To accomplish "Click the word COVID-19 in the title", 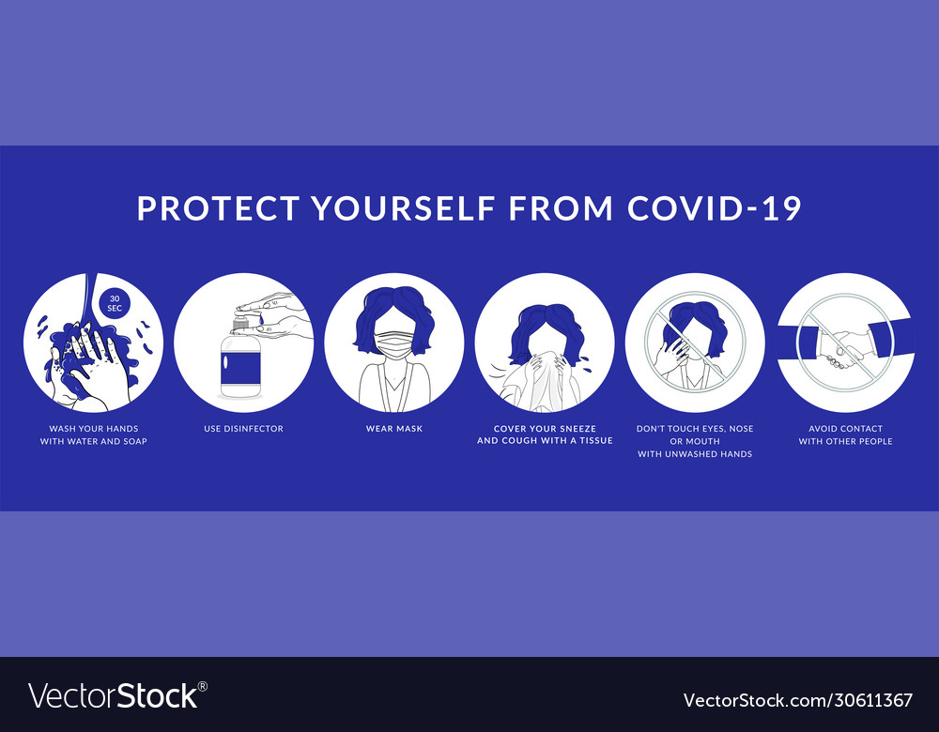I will (x=715, y=207).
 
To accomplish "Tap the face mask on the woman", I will (x=393, y=343).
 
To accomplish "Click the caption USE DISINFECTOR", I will (x=243, y=429).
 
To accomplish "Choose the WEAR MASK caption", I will (x=394, y=429).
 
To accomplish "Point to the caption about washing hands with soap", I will (x=94, y=435).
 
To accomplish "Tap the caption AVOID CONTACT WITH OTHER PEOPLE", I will (x=845, y=435).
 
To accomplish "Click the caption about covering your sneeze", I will (x=545, y=435).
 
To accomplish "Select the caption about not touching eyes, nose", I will (x=695, y=441).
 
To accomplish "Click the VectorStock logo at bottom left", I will (x=117, y=695).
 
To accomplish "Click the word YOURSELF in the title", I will (x=404, y=207).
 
